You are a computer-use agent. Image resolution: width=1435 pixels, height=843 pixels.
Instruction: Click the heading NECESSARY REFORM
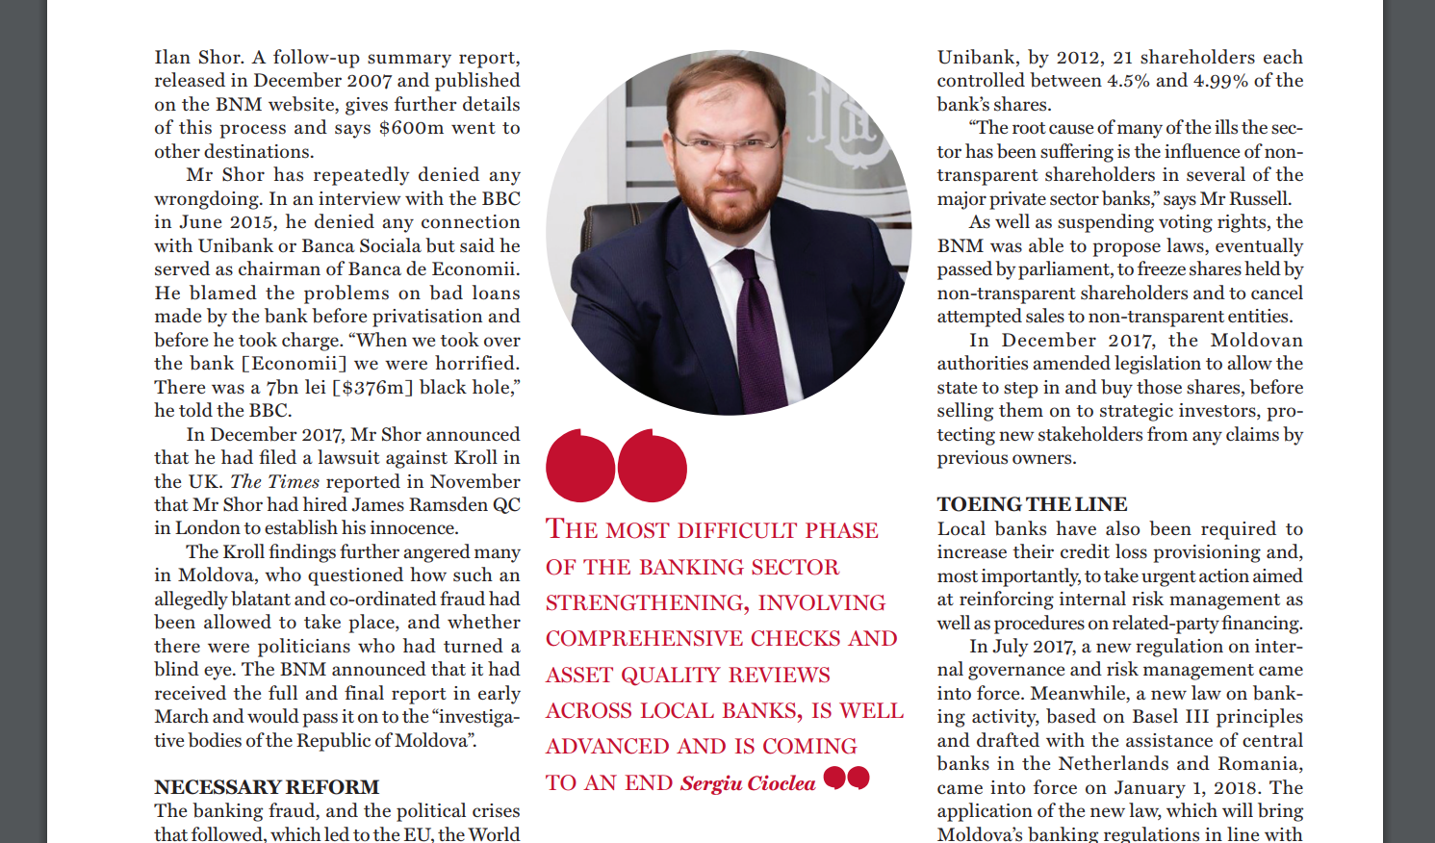(267, 787)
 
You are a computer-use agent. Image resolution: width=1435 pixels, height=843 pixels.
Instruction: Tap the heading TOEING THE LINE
(1032, 504)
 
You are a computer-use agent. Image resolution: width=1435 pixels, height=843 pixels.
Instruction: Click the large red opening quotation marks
(616, 466)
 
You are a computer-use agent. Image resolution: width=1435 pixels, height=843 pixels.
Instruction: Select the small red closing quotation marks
(847, 778)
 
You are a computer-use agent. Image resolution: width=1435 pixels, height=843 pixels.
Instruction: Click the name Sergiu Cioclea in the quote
(748, 783)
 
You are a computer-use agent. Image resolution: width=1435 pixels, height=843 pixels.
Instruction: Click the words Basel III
(1167, 717)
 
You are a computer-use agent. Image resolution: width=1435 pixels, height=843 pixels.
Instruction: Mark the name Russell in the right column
(1257, 199)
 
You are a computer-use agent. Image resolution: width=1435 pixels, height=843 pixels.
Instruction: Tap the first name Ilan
(172, 58)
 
